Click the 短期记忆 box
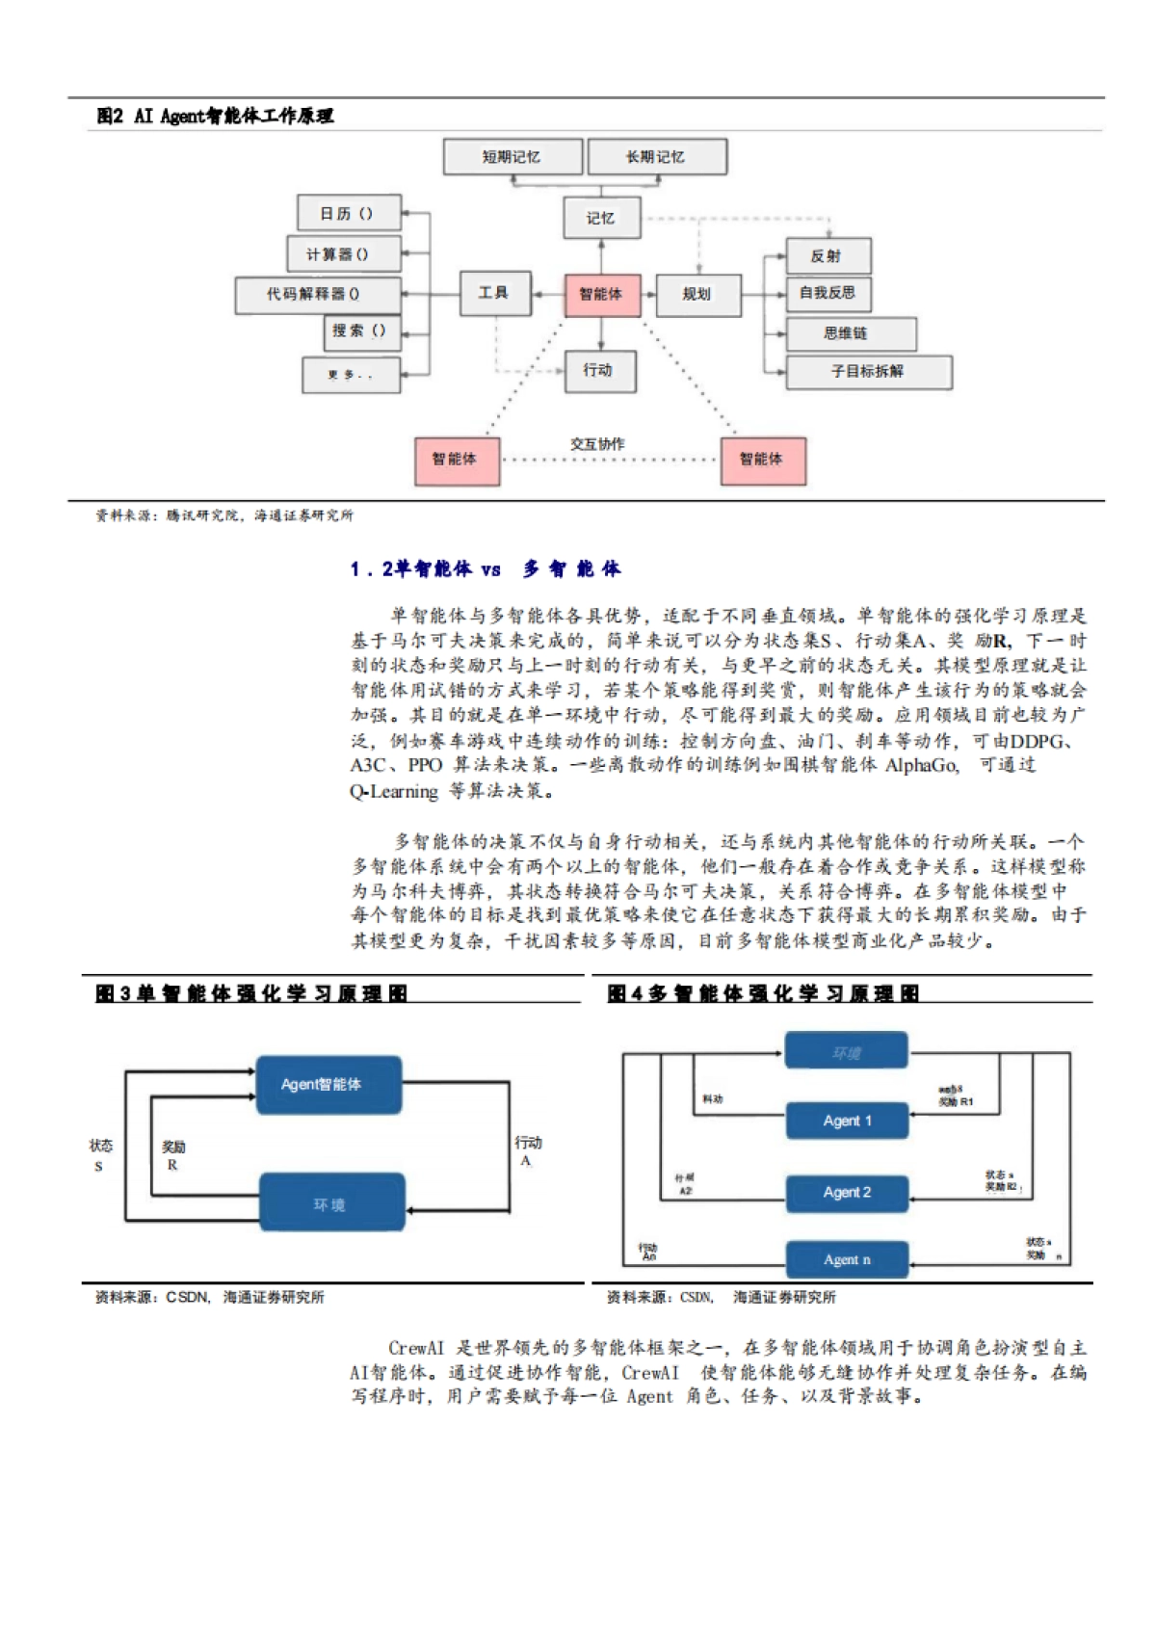[x=512, y=157]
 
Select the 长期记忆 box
[x=656, y=157]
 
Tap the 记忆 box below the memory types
[x=600, y=218]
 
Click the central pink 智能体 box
[x=601, y=294]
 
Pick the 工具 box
[x=494, y=293]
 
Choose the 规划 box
[x=697, y=295]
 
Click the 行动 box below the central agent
[x=599, y=370]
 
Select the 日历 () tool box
[x=348, y=214]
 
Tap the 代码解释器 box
[x=315, y=294]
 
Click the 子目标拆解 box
[x=867, y=371]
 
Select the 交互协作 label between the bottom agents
[x=597, y=444]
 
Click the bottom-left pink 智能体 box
[x=456, y=460]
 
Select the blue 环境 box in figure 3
[x=330, y=1203]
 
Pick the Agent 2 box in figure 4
[x=846, y=1193]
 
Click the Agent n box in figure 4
[x=846, y=1259]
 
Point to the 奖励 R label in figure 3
[x=173, y=1155]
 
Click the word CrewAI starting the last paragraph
[x=416, y=1348]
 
